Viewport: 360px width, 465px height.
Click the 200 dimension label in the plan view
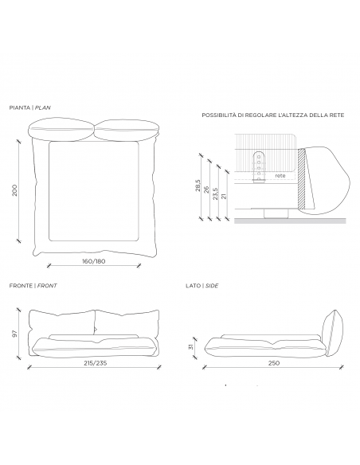pyautogui.click(x=14, y=190)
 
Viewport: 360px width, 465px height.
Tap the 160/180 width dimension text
pyautogui.click(x=94, y=261)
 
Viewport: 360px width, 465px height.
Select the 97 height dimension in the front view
pyautogui.click(x=14, y=334)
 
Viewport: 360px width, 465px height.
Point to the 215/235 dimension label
pyautogui.click(x=95, y=363)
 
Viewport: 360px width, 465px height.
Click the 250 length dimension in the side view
pyautogui.click(x=273, y=363)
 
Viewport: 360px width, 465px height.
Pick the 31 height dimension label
pyautogui.click(x=191, y=346)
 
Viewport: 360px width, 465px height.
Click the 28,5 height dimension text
pyautogui.click(x=198, y=186)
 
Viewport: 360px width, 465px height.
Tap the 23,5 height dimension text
pyautogui.click(x=216, y=193)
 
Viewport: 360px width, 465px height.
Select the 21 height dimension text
pyautogui.click(x=224, y=196)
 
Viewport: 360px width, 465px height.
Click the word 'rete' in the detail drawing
pyautogui.click(x=280, y=175)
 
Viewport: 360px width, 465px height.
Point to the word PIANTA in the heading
pyautogui.click(x=20, y=107)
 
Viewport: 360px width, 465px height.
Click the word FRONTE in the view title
pyautogui.click(x=21, y=286)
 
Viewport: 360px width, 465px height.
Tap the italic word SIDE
pyautogui.click(x=212, y=286)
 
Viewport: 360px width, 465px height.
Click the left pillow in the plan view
pyautogui.click(x=61, y=129)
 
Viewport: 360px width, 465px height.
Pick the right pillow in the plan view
pyautogui.click(x=127, y=129)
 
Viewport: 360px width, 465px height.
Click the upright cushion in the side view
pyautogui.click(x=333, y=333)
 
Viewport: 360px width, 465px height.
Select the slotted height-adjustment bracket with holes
pyautogui.click(x=259, y=167)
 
